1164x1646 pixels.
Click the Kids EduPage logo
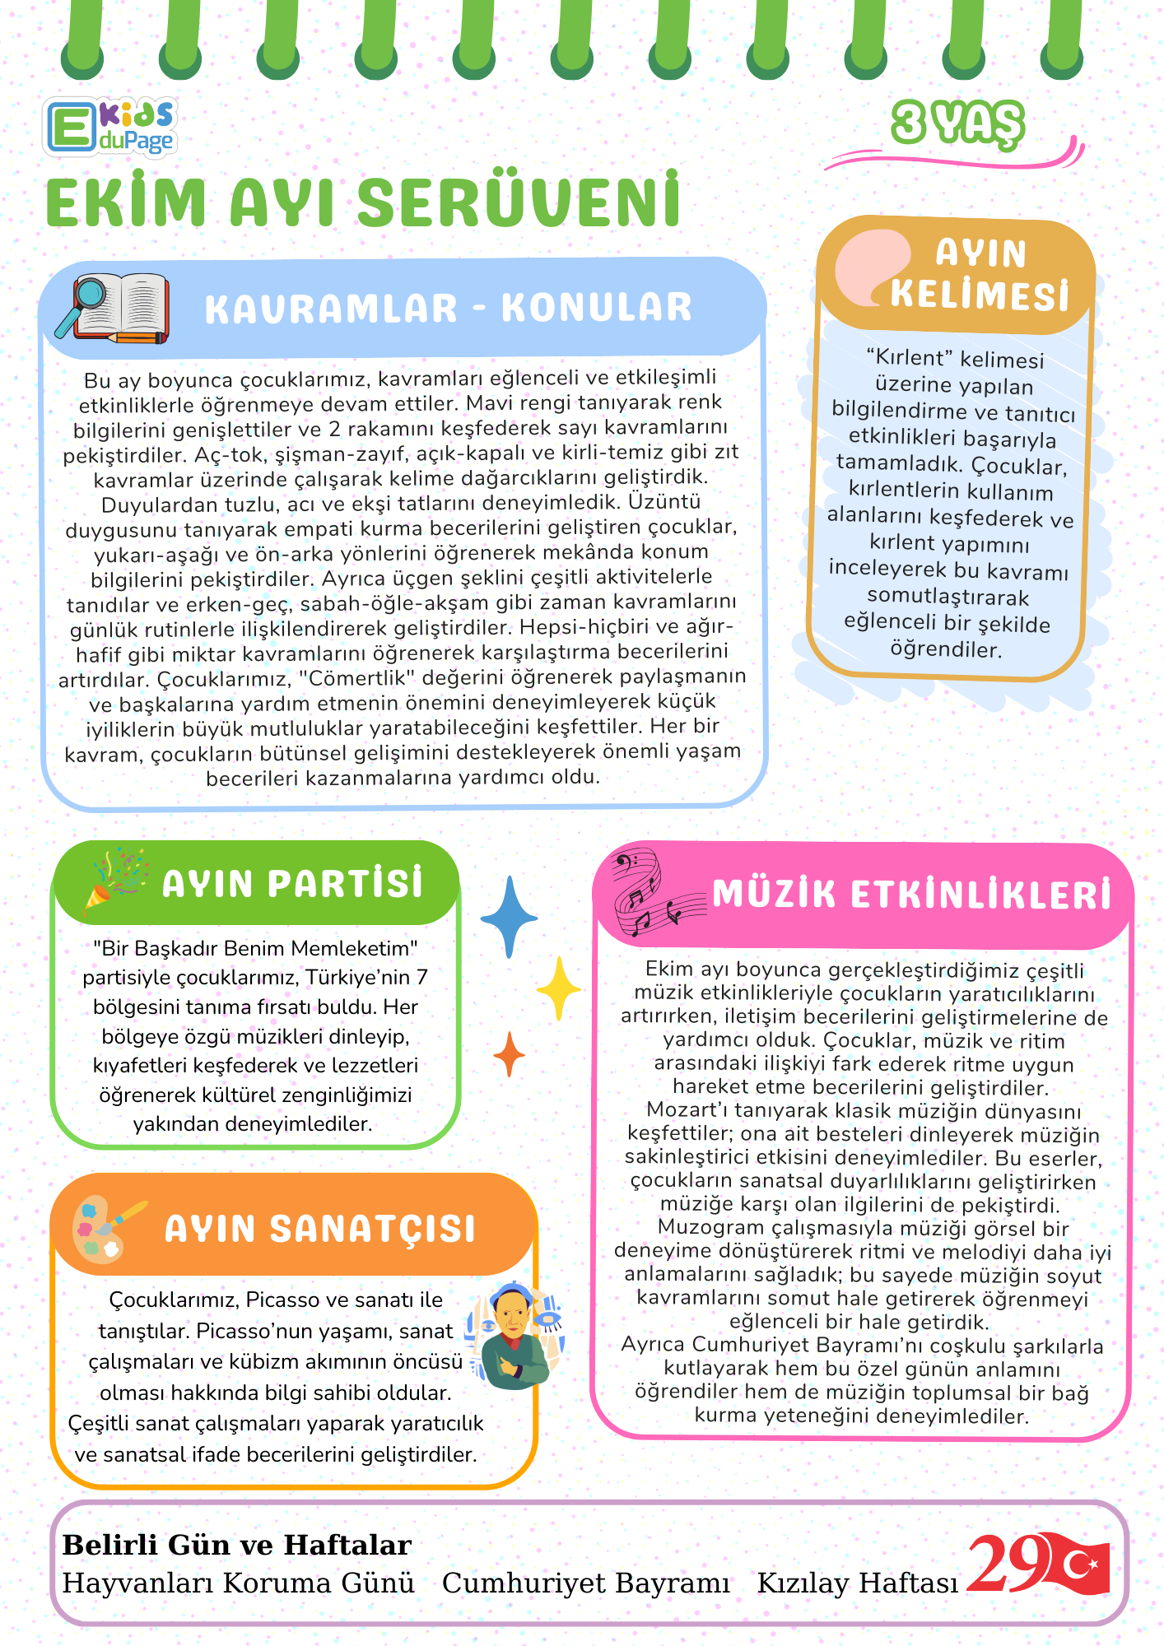[109, 127]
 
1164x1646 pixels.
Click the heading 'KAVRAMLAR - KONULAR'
[449, 308]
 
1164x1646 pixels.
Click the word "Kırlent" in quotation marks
[910, 358]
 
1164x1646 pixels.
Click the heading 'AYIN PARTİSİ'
[292, 884]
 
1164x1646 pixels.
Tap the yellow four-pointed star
[559, 988]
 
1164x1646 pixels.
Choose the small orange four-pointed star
[510, 1054]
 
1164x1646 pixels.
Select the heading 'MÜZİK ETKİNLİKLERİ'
[911, 895]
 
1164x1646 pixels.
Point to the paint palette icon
[105, 1229]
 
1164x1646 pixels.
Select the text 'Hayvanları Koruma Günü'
[239, 1583]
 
